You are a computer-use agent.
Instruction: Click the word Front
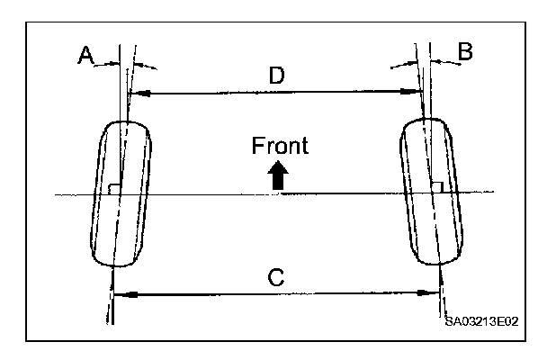280,146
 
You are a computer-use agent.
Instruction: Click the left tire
121,193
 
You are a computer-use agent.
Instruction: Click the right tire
434,193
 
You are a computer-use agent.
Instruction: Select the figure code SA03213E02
484,320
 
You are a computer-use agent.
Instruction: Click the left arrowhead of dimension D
136,92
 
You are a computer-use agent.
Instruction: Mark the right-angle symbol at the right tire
436,187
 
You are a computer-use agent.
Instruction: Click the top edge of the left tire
129,120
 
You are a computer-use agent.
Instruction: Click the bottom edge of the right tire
442,265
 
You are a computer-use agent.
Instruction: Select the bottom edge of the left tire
114,265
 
